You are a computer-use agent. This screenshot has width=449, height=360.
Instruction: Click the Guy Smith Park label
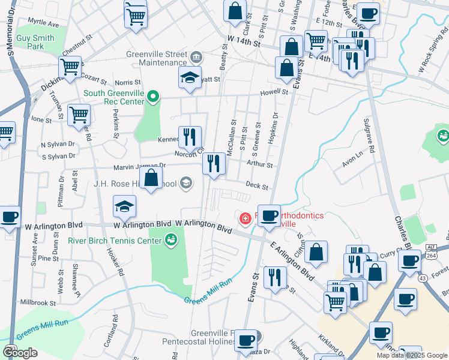(35, 42)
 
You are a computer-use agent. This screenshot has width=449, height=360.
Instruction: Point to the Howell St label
(274, 93)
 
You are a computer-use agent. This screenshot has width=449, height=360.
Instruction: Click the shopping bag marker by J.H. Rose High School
(152, 177)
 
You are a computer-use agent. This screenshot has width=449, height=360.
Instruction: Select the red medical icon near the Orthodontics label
(245, 218)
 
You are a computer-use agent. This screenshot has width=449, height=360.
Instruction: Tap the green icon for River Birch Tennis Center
(171, 241)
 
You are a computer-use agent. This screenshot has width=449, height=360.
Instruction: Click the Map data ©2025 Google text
(412, 355)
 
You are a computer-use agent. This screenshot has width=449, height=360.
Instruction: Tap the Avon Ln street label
(353, 158)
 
